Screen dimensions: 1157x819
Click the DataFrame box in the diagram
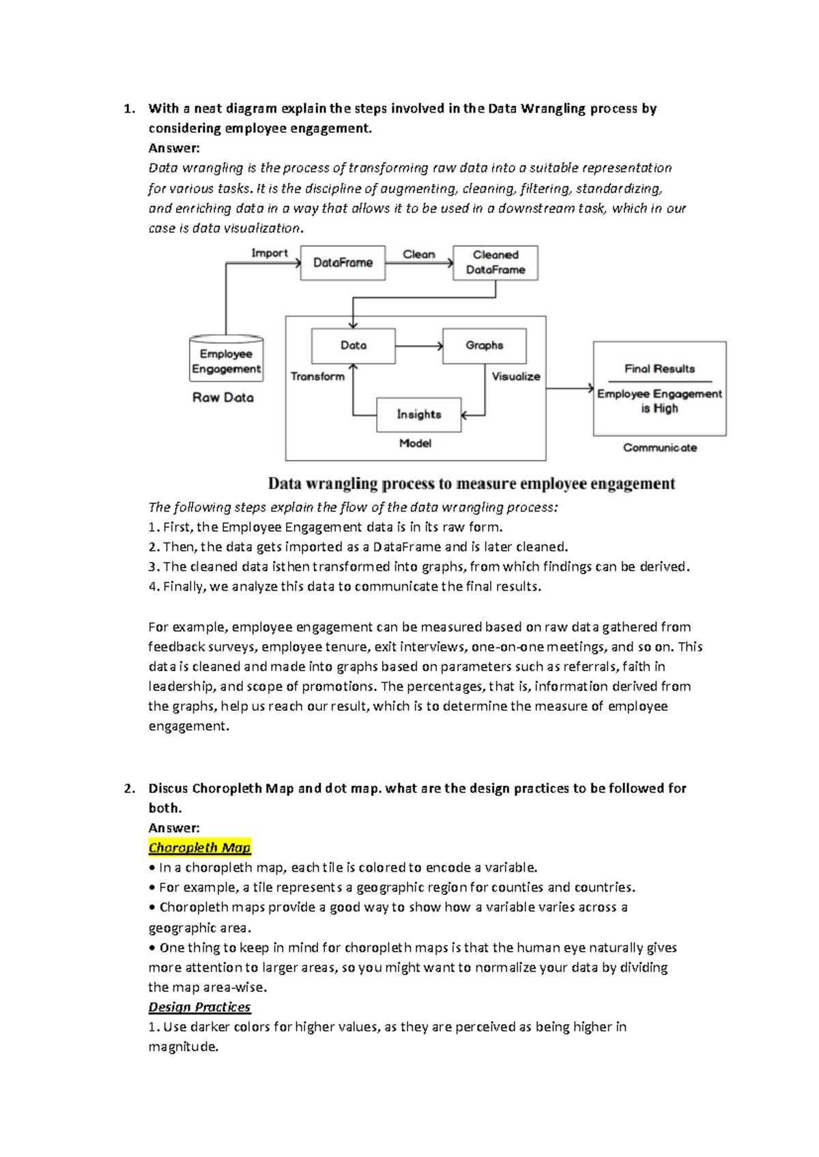[x=343, y=263]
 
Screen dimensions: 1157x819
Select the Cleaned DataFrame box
[x=495, y=263]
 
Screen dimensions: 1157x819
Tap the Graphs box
[x=485, y=346]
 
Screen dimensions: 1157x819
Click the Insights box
[x=419, y=414]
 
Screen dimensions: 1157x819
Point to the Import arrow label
[x=270, y=253]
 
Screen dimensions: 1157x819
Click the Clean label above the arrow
[x=418, y=254]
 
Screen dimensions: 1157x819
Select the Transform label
[x=317, y=377]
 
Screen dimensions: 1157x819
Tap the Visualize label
[x=516, y=377]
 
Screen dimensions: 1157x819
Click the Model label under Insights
[x=415, y=443]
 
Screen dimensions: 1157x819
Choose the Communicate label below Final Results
[x=659, y=448]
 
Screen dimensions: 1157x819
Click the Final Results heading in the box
[x=659, y=369]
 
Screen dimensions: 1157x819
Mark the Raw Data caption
[x=223, y=398]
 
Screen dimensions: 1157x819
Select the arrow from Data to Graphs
[x=419, y=346]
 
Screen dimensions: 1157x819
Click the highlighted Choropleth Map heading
[x=200, y=847]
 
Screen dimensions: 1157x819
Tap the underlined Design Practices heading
[x=199, y=1007]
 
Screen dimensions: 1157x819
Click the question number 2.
[x=129, y=789]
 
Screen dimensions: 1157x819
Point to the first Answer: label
[x=174, y=148]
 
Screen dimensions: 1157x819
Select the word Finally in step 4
[x=183, y=587]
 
